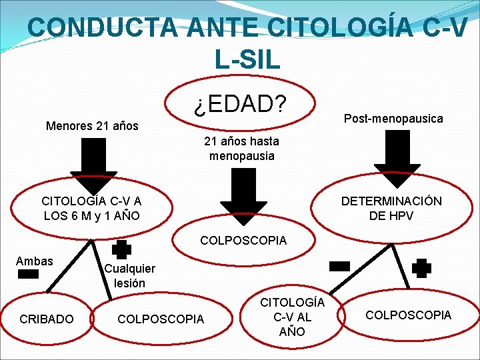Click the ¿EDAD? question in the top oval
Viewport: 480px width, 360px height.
point(239,104)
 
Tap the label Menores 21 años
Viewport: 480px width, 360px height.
point(92,125)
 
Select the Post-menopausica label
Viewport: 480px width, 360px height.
point(393,118)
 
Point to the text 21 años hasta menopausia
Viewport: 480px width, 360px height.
point(241,149)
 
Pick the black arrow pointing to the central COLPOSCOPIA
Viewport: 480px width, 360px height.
point(243,193)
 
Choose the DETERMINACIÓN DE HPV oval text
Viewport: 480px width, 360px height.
point(391,209)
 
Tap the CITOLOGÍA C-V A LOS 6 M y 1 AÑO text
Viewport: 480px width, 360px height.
point(91,209)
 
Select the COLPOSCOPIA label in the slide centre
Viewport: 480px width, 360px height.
point(243,240)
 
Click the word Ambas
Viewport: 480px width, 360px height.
point(34,261)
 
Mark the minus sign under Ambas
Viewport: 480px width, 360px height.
point(29,274)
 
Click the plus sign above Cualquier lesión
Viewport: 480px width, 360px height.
point(121,249)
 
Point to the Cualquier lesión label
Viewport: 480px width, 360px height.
point(130,275)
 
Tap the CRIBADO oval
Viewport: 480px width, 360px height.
point(47,319)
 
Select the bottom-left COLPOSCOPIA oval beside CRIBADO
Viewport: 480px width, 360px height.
point(161,319)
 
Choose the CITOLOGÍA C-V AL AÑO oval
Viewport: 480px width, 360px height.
point(293,316)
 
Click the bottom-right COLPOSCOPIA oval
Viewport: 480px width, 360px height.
point(408,315)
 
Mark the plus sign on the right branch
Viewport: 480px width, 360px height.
point(421,268)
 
